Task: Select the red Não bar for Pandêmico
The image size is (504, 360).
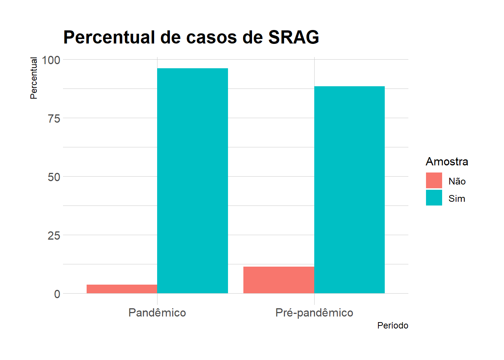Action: (x=122, y=289)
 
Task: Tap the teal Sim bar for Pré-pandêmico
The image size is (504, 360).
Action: (x=349, y=190)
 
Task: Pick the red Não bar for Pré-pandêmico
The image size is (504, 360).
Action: (x=279, y=280)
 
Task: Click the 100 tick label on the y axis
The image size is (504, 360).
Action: (x=51, y=60)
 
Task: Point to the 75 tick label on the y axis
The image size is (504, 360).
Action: (x=54, y=119)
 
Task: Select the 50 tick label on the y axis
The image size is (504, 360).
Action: (x=54, y=177)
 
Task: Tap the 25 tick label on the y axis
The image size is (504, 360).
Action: (x=54, y=235)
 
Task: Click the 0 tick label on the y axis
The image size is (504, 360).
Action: (x=57, y=294)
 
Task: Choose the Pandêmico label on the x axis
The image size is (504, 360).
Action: (x=157, y=313)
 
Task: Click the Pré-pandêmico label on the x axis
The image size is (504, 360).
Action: (x=314, y=313)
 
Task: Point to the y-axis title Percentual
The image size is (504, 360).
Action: (x=34, y=78)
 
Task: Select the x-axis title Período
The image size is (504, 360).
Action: (x=393, y=325)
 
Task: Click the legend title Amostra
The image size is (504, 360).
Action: (x=447, y=162)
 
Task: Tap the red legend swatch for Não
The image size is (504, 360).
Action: (x=434, y=180)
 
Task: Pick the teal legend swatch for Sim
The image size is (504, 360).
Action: (x=434, y=198)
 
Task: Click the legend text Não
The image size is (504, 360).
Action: (x=457, y=181)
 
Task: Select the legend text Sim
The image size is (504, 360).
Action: (x=456, y=199)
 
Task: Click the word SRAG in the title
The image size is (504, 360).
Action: (x=294, y=37)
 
